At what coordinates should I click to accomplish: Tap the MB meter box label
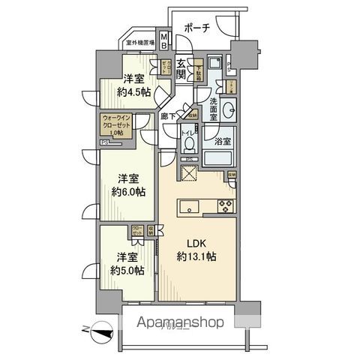tap(164, 38)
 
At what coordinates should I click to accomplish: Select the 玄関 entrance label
tap(182, 72)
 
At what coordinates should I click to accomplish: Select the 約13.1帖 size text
tap(196, 256)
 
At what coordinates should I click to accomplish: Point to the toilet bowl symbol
tap(190, 142)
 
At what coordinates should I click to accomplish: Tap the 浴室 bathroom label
tap(223, 139)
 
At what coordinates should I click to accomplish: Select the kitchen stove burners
tap(225, 205)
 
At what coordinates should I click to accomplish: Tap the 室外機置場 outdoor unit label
tap(140, 43)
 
